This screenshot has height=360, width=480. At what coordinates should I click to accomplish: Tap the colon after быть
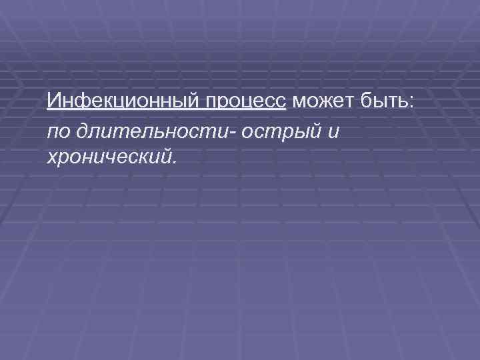click(x=412, y=104)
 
